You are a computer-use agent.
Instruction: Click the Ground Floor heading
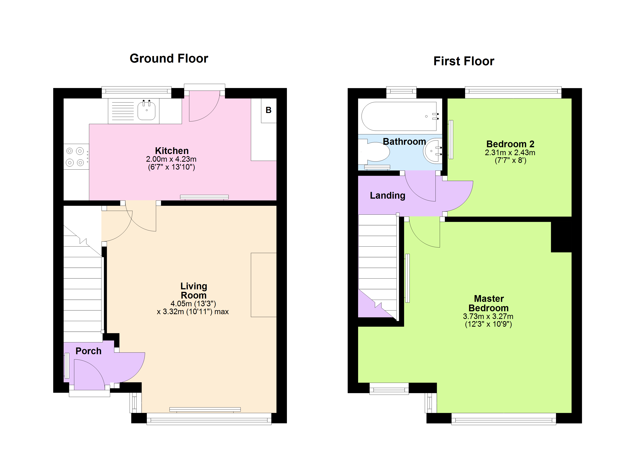pos(169,59)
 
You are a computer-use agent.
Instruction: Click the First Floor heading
pos(464,61)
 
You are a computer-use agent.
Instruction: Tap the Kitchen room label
pos(172,151)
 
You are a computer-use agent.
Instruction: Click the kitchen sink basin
pos(146,110)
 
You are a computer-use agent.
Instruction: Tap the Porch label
pos(89,351)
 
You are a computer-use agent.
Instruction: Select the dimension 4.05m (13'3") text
pos(193,304)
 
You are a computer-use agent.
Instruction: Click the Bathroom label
pos(404,142)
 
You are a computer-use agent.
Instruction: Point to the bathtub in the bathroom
pos(399,116)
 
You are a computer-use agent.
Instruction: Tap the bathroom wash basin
pos(433,151)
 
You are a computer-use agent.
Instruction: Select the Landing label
pos(388,196)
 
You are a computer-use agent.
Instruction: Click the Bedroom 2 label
pos(510,144)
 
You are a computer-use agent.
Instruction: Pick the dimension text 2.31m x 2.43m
pos(510,153)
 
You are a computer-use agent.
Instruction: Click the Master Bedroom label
pos(489,303)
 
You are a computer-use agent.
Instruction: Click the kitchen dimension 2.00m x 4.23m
pos(171,159)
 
